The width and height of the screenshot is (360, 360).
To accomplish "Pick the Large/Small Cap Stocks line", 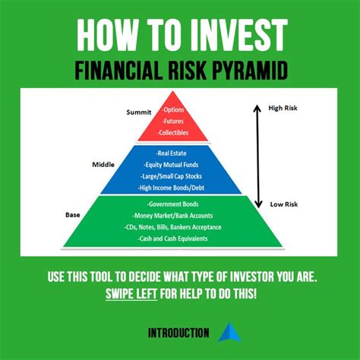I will (179, 175).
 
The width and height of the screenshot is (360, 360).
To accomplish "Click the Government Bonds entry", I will (175, 205).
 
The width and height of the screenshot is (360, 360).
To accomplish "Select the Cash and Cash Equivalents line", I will (176, 239).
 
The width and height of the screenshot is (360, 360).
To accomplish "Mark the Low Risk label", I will (286, 204).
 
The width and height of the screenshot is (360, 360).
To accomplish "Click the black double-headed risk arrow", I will (257, 156).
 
